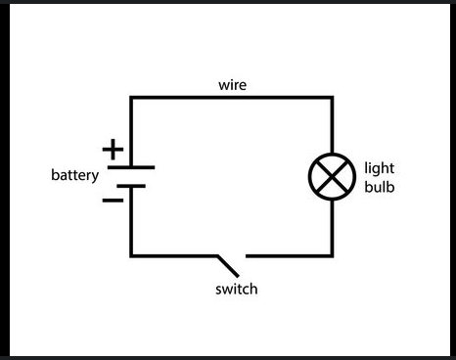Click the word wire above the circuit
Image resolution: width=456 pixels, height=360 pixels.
[x=232, y=85]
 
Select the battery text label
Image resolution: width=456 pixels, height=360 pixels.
[x=75, y=176]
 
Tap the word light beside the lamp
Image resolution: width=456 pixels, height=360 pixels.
[x=379, y=167]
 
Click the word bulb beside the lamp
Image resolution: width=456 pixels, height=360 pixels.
[x=379, y=185]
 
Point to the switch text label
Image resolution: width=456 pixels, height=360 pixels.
[x=237, y=290]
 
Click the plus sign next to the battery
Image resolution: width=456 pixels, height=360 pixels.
[x=114, y=150]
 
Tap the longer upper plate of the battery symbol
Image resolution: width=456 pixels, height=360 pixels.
[x=131, y=167]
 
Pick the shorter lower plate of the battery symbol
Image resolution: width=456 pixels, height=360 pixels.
[x=131, y=186]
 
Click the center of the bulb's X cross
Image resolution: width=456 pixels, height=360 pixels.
[x=332, y=176]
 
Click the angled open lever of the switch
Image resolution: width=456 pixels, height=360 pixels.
[x=228, y=263]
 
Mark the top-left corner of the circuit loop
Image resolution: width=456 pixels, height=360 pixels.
[x=131, y=97]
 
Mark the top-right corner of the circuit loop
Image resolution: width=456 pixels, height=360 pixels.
[x=332, y=97]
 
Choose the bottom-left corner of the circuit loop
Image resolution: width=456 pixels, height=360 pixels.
[x=131, y=256]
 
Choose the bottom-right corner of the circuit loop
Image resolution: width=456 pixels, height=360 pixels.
[x=332, y=256]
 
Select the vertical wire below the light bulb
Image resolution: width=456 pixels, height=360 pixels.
[x=332, y=227]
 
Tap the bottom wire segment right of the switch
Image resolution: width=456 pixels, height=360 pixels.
[x=289, y=256]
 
